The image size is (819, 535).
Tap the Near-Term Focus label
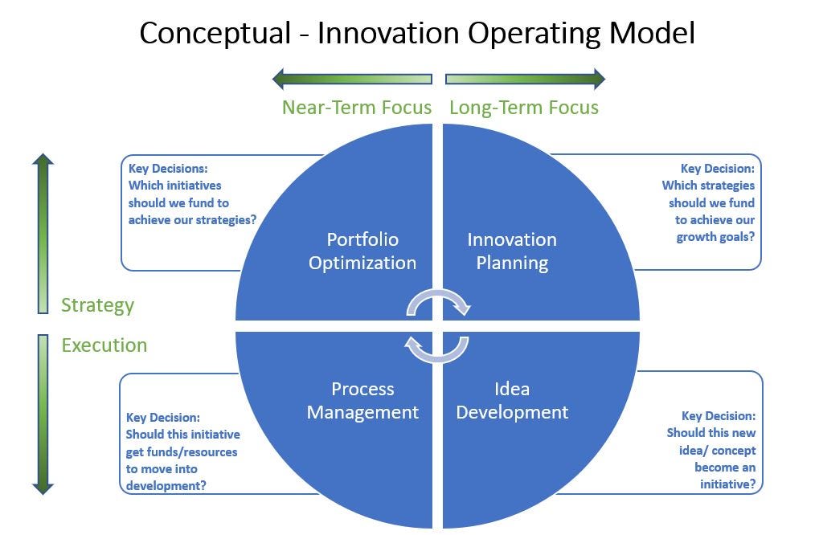coord(356,108)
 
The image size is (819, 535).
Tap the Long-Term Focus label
coord(523,108)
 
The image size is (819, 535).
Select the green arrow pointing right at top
coord(525,79)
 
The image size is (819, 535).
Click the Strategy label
coord(97,305)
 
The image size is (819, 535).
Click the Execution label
coord(104,345)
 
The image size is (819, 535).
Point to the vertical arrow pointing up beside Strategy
coord(43,233)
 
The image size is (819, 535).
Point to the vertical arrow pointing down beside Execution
coord(43,414)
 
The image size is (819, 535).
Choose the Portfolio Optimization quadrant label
coord(362,251)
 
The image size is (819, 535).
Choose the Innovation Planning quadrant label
coord(512,251)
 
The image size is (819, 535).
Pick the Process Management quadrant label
coord(362,401)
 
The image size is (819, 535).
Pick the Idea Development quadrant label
coord(512,401)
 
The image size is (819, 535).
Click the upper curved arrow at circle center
coord(439,302)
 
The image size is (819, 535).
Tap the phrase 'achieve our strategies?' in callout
coord(192,220)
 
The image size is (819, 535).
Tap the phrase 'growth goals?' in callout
coord(715,237)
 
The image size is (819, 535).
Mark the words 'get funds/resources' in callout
coord(182,451)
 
